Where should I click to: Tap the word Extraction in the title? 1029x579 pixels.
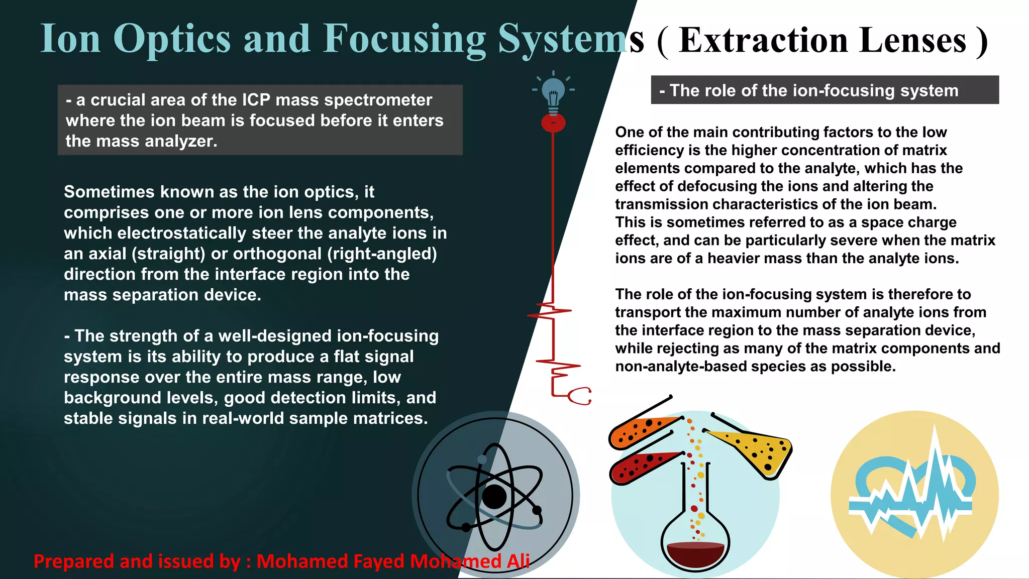point(764,40)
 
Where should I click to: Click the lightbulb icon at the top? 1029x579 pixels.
point(553,92)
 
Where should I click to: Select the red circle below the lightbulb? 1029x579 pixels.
point(553,123)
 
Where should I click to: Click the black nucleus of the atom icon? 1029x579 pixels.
point(494,497)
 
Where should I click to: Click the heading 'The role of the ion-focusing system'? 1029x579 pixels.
point(814,90)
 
